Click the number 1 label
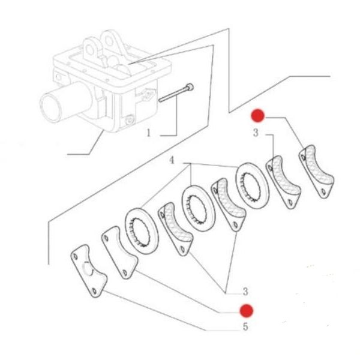coord(149,133)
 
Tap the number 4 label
coord(172,160)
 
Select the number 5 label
coord(245,327)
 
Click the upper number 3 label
coord(256,133)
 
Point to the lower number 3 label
coord(245,292)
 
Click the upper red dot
coord(257,115)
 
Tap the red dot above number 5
coord(247,311)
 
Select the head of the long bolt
coord(190,87)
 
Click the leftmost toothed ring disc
coord(142,232)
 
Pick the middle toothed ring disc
coord(198,208)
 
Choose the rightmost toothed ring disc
coord(253,186)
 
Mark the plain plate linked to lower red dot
coord(119,252)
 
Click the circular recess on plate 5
coord(88,269)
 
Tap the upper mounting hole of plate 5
coord(75,256)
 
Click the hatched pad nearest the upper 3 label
coord(283,182)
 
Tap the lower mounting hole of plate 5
coord(94,291)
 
